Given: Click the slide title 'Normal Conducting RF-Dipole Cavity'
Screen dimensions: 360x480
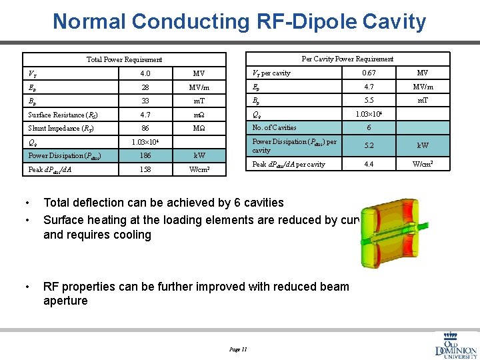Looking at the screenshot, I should (x=239, y=21).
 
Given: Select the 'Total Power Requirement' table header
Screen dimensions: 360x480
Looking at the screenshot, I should (x=124, y=59).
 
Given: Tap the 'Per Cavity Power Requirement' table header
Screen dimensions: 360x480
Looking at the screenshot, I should (x=347, y=59).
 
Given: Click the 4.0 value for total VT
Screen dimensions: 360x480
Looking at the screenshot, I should (x=145, y=73).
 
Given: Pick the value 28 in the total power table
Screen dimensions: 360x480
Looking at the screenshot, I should (x=145, y=87).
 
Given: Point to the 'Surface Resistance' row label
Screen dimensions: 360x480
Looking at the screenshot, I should (x=57, y=115).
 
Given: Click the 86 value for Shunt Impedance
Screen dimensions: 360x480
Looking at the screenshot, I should (x=145, y=128).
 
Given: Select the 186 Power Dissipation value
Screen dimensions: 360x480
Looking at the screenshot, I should (x=145, y=156).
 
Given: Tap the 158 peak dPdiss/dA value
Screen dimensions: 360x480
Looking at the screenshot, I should (x=145, y=170).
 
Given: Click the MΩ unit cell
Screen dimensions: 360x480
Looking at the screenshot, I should (x=199, y=128).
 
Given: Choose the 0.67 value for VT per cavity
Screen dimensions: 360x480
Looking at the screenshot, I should (x=369, y=73).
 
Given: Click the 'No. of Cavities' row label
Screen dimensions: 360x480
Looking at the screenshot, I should (x=274, y=127).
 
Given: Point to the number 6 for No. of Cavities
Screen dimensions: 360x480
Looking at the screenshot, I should (x=369, y=127).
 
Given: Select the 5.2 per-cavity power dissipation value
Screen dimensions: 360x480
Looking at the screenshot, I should (x=369, y=145).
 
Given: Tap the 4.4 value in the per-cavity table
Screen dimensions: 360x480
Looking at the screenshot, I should (x=369, y=164).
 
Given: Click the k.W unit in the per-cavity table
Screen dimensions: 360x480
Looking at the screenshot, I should (x=423, y=145).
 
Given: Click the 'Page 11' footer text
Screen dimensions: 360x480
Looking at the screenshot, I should (x=238, y=349).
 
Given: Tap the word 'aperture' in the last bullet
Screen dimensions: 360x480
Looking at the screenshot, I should (x=65, y=301).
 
